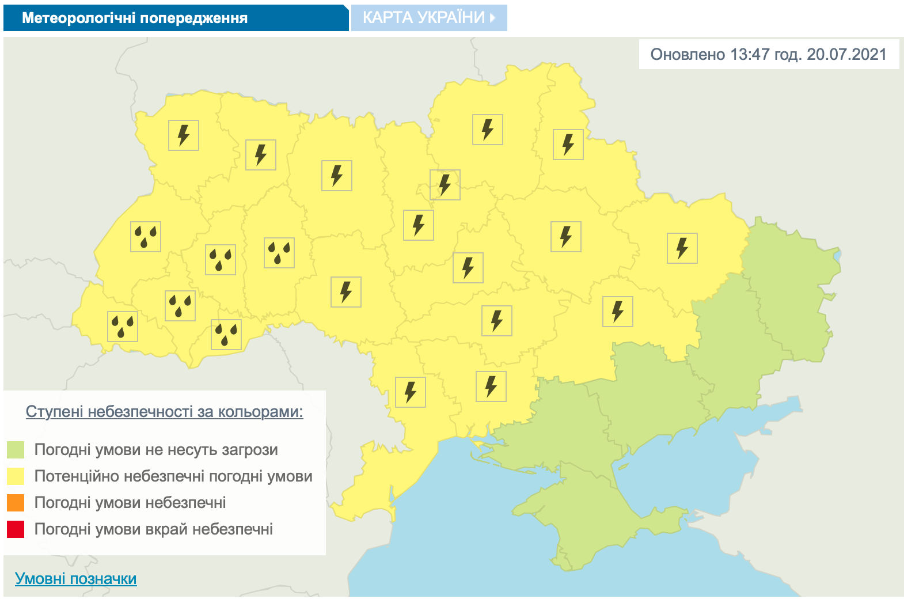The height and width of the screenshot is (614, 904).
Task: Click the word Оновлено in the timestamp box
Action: [x=688, y=55]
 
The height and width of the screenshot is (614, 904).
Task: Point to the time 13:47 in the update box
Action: [x=750, y=55]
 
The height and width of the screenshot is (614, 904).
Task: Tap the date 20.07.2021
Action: [x=846, y=55]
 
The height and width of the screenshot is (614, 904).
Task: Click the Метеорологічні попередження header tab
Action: [x=135, y=18]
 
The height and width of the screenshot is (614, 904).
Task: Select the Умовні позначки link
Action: [x=76, y=579]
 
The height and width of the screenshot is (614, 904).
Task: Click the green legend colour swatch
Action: [x=16, y=450]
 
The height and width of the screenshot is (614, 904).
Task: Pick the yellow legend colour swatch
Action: [x=16, y=476]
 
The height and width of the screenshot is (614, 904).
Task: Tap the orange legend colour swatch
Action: [x=16, y=503]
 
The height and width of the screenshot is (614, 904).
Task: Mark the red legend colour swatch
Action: [x=16, y=529]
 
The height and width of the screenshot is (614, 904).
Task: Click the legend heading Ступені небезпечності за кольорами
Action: [x=164, y=412]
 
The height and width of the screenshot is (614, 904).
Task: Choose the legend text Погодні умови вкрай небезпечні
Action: [x=154, y=529]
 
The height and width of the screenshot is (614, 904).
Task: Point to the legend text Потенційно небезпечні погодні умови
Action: [x=173, y=476]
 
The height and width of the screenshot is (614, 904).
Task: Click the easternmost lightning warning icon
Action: [x=682, y=248]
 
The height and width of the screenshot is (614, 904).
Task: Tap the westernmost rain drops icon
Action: [x=123, y=327]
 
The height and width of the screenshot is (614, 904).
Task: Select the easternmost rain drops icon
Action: [x=279, y=253]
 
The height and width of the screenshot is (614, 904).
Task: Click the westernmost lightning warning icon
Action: [x=184, y=135]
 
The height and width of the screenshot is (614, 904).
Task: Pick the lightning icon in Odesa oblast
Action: [x=411, y=392]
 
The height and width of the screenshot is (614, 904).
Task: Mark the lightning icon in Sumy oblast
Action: [x=568, y=144]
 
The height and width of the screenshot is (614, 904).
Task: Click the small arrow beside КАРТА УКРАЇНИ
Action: [x=492, y=18]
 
